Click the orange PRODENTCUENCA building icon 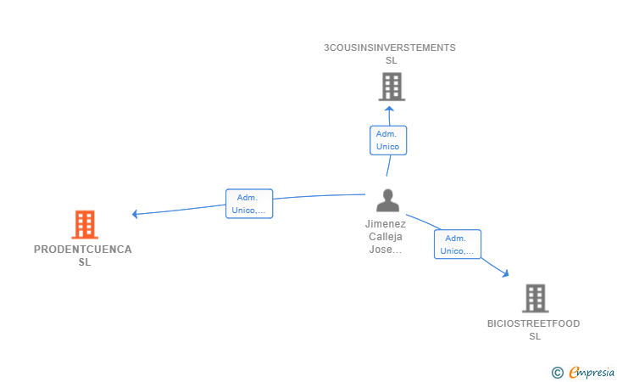[x=85, y=225]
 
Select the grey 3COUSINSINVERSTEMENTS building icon [x=392, y=87]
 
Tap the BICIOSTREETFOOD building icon [x=536, y=299]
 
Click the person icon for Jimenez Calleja [x=387, y=200]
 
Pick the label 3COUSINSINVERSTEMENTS [x=390, y=48]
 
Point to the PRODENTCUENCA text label [x=83, y=249]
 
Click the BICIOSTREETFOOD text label [x=534, y=323]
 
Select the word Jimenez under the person [x=386, y=224]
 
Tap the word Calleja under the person [x=386, y=237]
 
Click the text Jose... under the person [x=386, y=250]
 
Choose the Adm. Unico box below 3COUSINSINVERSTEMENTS [x=388, y=140]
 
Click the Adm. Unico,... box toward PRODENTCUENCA [x=249, y=204]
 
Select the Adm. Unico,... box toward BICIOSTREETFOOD [x=458, y=244]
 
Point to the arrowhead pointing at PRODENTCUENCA [x=135, y=214]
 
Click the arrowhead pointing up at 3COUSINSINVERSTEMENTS [x=389, y=109]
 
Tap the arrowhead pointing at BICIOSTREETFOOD [x=506, y=273]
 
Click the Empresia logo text [x=592, y=372]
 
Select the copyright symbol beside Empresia [x=558, y=373]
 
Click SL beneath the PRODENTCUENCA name [x=85, y=262]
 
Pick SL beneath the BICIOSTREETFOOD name [x=535, y=336]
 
